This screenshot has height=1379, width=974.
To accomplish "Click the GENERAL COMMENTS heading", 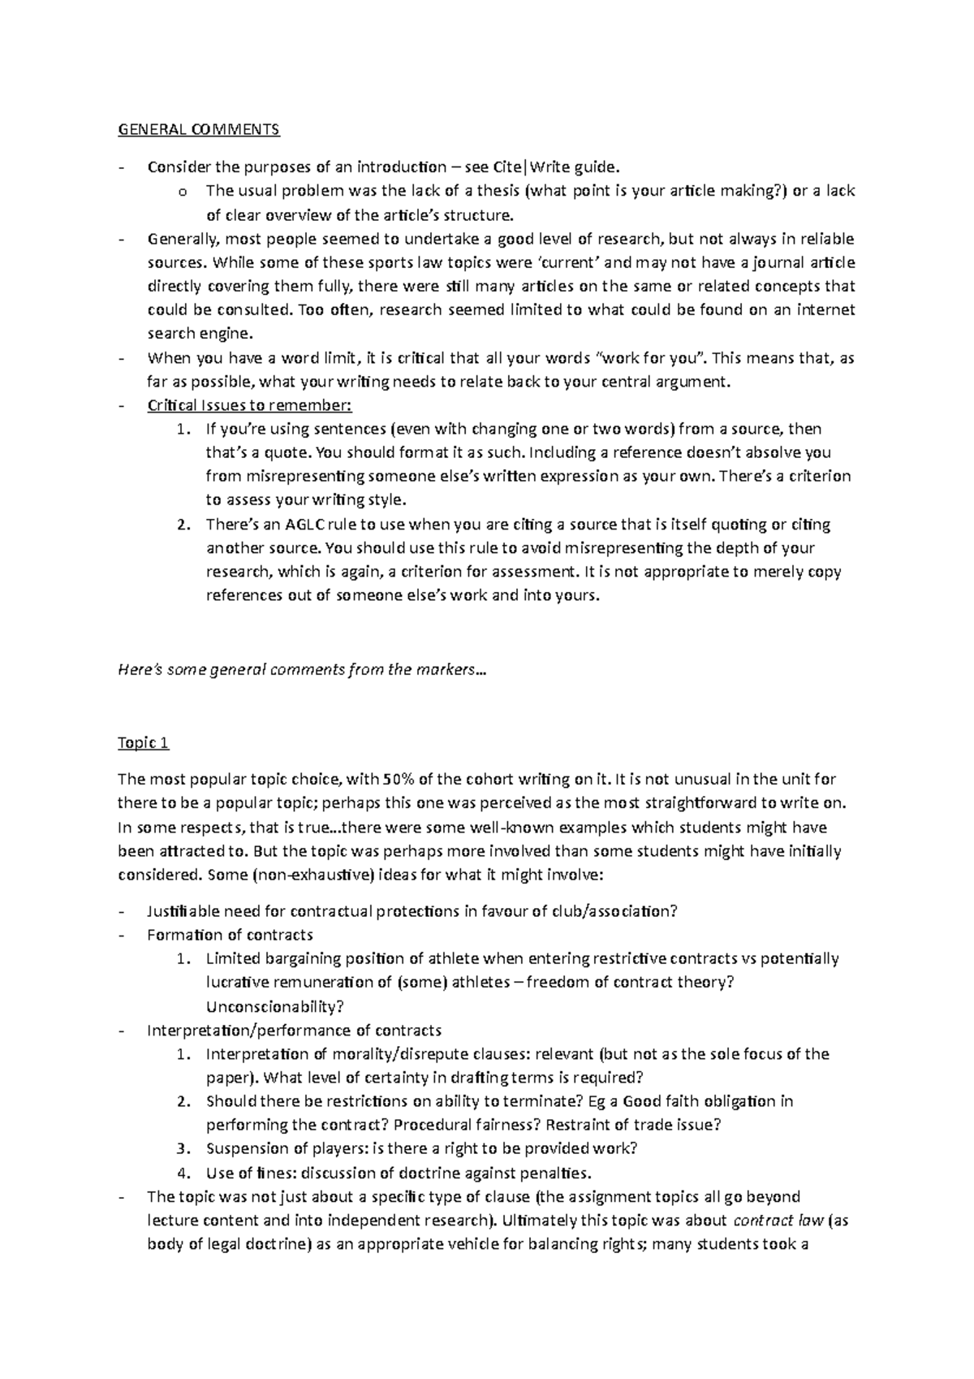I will coord(198,129).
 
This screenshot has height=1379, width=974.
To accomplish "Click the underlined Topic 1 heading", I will coord(143,743).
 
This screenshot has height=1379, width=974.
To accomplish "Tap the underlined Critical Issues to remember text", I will coord(249,405).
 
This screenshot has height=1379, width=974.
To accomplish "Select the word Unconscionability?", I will coord(275,1007).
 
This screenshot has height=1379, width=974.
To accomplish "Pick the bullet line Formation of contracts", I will coord(230,935).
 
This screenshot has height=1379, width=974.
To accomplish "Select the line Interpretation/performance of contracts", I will coord(294,1031).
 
